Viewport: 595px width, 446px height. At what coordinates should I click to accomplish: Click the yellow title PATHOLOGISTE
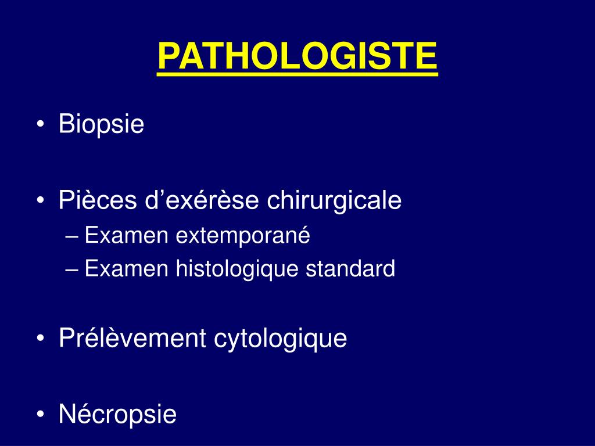pyautogui.click(x=297, y=56)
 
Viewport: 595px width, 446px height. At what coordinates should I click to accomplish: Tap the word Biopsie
pyautogui.click(x=101, y=124)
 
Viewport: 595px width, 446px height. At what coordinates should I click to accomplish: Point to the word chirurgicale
pyautogui.click(x=334, y=201)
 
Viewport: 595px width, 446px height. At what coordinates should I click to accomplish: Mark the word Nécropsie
pyautogui.click(x=117, y=415)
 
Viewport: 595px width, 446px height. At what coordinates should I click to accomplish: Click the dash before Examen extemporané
pyautogui.click(x=73, y=237)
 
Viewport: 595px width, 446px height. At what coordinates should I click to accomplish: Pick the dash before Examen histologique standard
pyautogui.click(x=73, y=270)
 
